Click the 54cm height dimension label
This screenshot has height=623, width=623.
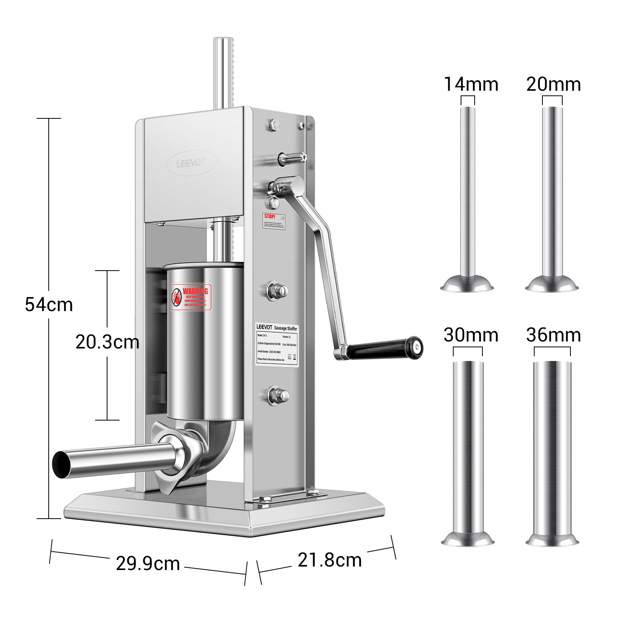[x=49, y=304]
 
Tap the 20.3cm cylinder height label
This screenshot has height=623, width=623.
[x=107, y=342]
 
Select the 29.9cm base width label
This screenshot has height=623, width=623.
[x=148, y=564]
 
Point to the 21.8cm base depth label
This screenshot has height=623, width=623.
[x=329, y=560]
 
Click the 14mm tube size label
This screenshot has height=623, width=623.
[x=471, y=84]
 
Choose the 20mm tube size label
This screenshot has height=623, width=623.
[x=553, y=84]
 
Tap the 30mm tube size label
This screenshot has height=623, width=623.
[x=471, y=335]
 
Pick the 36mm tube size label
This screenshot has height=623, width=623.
[x=553, y=335]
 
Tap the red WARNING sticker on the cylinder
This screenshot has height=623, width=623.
[x=191, y=297]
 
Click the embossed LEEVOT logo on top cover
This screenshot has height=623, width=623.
[x=191, y=163]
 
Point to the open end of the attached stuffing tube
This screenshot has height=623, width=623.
[x=63, y=465]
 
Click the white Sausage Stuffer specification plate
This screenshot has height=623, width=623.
[x=277, y=345]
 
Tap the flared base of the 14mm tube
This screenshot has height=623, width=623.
[x=467, y=283]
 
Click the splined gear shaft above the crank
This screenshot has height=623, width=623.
[x=292, y=158]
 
